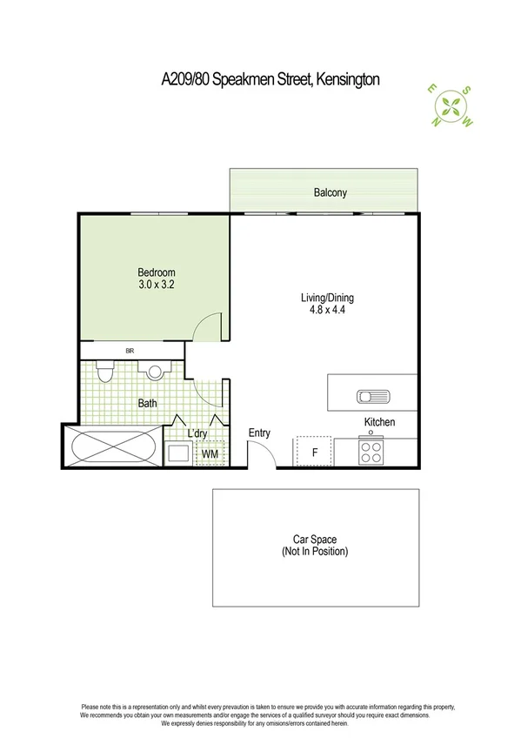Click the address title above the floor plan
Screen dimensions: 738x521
271,80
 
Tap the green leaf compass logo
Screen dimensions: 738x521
452,105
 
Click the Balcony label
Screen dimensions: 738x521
330,192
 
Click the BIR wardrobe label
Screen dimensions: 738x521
129,351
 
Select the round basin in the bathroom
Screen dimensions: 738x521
156,372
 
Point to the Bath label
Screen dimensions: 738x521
148,404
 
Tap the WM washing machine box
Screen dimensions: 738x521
210,453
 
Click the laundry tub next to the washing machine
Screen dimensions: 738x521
179,453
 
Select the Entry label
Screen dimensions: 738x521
259,433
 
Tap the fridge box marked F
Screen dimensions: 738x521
313,451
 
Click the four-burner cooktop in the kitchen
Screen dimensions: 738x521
371,453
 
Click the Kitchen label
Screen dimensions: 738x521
379,422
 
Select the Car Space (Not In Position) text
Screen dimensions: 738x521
315,546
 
